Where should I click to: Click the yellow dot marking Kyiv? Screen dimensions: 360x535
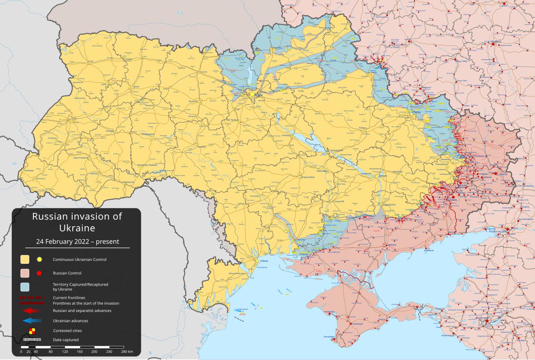coord(252,95)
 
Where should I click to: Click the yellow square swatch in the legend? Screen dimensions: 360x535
coord(25,259)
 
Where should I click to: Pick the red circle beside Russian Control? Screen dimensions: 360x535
coord(39,273)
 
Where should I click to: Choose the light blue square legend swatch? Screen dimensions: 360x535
coord(25,286)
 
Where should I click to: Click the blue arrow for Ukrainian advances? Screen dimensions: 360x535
coord(32,320)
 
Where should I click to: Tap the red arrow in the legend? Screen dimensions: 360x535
coord(32,310)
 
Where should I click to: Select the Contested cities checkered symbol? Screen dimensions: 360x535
coord(32,331)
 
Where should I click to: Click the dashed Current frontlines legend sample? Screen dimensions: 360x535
coord(32,297)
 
